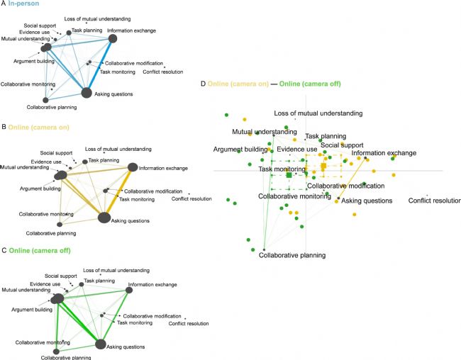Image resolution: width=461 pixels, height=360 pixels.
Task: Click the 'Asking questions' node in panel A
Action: pos(87,93)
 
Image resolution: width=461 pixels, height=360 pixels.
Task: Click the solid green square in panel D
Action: pos(289,174)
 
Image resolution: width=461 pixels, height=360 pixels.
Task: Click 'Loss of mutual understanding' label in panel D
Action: pos(318,113)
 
